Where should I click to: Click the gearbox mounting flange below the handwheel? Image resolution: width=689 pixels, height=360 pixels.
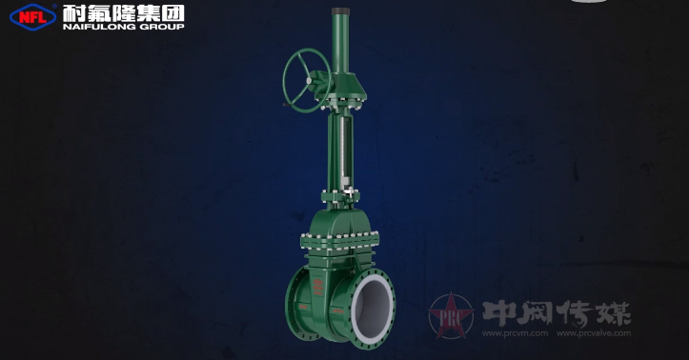pyautogui.click(x=344, y=97)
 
